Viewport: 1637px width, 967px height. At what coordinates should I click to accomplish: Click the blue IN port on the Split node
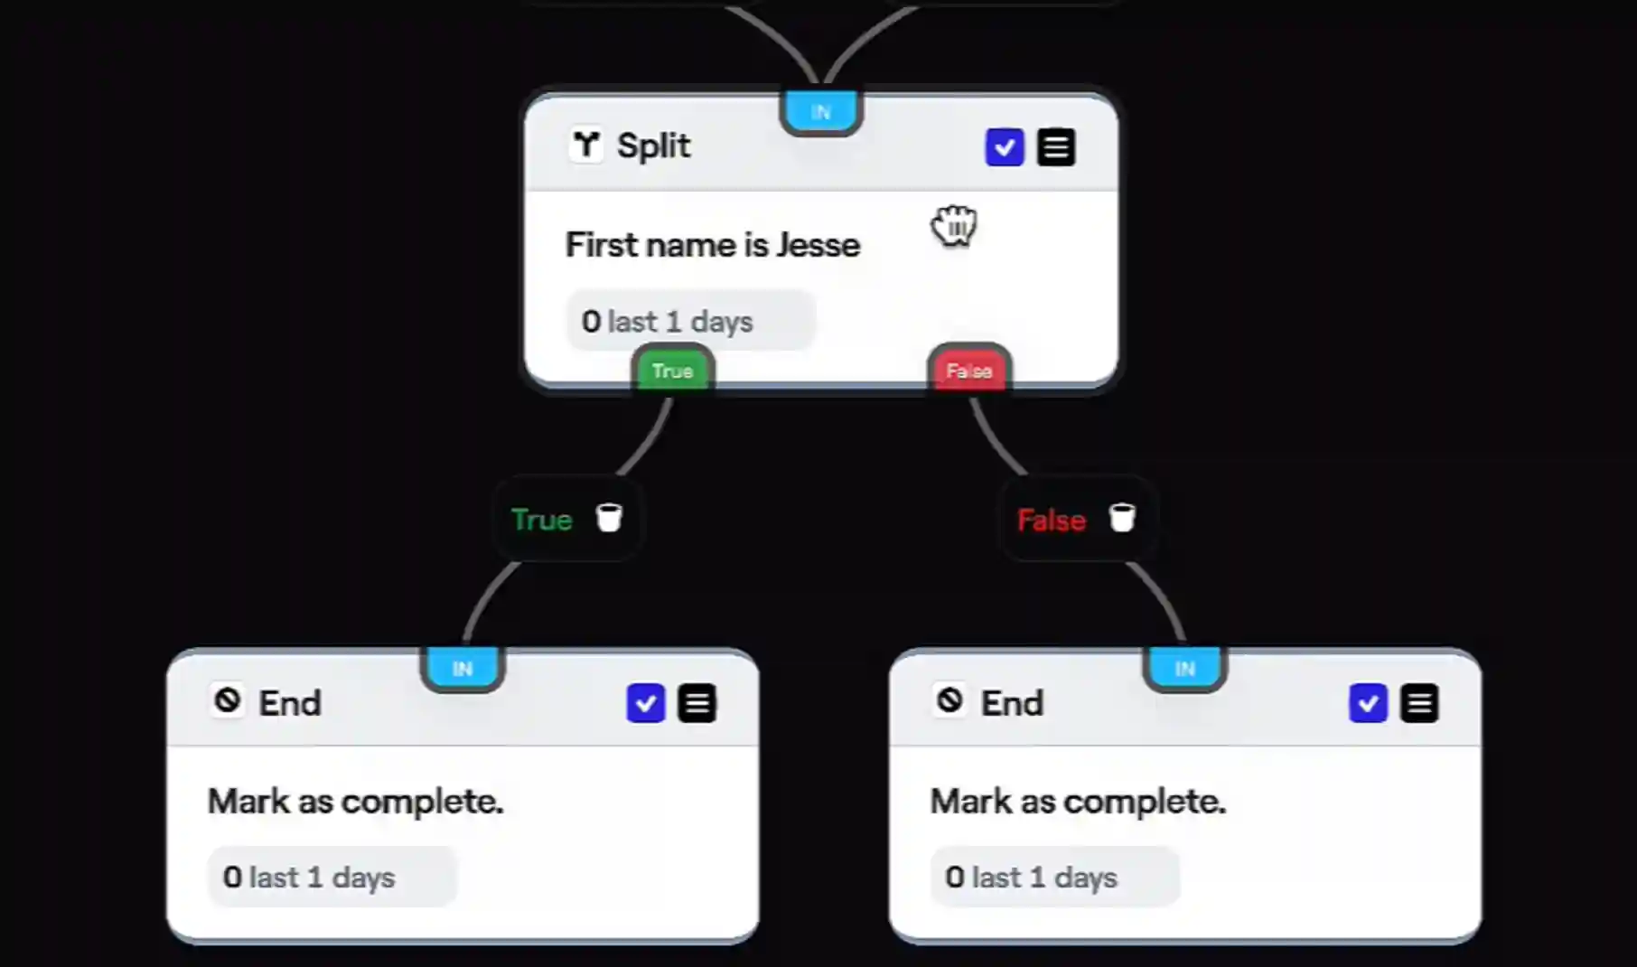[x=820, y=112]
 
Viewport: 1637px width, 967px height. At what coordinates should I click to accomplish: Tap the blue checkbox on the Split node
[x=1004, y=147]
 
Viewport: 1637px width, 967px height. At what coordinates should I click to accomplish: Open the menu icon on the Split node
[x=1055, y=147]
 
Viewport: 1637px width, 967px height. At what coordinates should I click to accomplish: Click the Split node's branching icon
[x=586, y=145]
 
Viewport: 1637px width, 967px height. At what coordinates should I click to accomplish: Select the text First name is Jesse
[x=712, y=245]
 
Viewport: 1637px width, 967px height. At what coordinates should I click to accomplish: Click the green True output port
[x=672, y=371]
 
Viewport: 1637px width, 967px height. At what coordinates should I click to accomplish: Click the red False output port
[x=968, y=371]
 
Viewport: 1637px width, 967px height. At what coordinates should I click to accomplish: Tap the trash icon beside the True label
[x=609, y=518]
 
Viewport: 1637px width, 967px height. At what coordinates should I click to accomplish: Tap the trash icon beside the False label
[x=1121, y=518]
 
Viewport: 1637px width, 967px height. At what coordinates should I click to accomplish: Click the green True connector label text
[x=542, y=520]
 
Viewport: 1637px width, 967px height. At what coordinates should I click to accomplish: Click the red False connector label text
[x=1051, y=520]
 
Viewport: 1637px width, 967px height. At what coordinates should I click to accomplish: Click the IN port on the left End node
[x=463, y=669]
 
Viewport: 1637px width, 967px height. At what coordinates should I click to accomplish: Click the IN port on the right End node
[x=1184, y=669]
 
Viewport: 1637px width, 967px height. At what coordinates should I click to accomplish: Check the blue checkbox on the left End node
[x=645, y=703]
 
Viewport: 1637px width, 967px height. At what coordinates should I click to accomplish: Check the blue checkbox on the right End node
[x=1368, y=703]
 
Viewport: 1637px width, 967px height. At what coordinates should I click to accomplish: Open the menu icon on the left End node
[x=697, y=703]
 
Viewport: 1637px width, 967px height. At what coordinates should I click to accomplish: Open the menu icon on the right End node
[x=1418, y=703]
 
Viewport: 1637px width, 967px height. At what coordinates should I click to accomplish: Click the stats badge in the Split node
[x=690, y=321]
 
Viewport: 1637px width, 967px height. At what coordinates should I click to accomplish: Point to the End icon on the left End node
[x=228, y=700]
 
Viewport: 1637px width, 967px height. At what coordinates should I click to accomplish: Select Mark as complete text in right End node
[x=1078, y=801]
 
